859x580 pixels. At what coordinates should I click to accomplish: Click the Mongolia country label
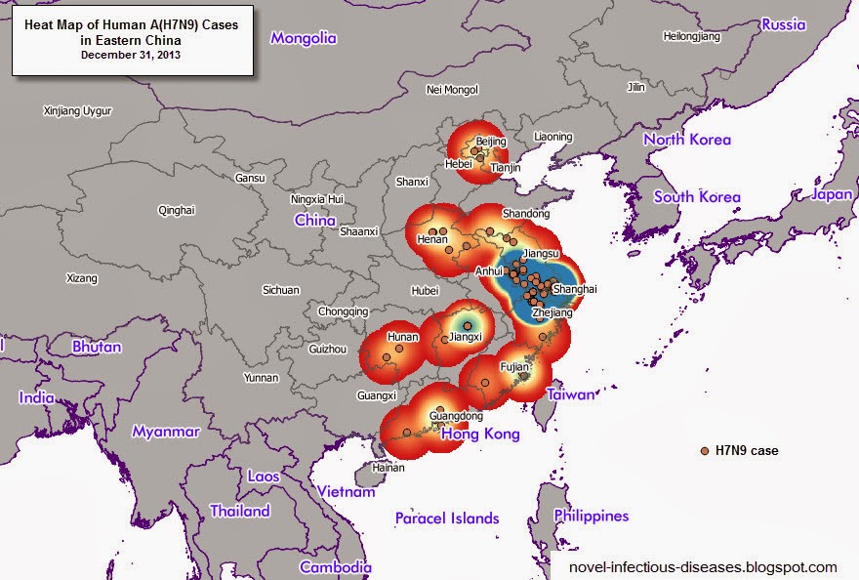(x=304, y=38)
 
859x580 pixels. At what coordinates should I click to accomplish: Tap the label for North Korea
(x=687, y=140)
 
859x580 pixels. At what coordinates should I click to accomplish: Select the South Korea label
(x=697, y=196)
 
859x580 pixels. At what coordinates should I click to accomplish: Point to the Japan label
(x=832, y=194)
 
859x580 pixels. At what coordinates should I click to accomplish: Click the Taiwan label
(x=570, y=394)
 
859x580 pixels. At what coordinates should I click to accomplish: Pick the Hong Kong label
(x=480, y=434)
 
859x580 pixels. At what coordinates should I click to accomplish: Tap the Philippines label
(x=592, y=516)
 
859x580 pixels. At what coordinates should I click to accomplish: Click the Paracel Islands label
(x=447, y=518)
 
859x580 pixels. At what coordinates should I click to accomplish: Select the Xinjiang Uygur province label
(x=79, y=111)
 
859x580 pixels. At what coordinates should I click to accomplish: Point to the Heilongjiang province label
(x=691, y=36)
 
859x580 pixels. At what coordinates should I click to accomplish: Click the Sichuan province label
(x=281, y=290)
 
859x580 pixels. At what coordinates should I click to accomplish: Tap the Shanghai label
(x=574, y=289)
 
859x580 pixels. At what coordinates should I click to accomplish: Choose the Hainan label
(x=389, y=468)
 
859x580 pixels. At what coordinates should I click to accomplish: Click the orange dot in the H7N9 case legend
(x=705, y=450)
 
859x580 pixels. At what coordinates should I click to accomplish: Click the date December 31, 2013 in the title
(x=131, y=55)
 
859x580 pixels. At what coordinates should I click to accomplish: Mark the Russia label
(x=784, y=24)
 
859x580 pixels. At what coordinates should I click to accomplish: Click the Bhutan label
(x=97, y=347)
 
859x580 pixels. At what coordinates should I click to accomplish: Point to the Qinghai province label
(x=177, y=210)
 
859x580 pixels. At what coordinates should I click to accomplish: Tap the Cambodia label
(x=336, y=567)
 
